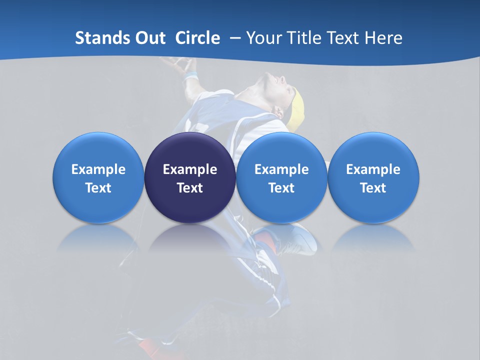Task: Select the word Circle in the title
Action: [197, 38]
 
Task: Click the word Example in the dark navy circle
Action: [190, 169]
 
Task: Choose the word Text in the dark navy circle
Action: [190, 188]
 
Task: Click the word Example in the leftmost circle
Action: [98, 169]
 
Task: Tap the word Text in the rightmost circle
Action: [373, 188]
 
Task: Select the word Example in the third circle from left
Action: [281, 169]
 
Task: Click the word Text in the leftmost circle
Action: [98, 188]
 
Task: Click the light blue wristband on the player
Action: [190, 76]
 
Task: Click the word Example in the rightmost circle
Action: [373, 169]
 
